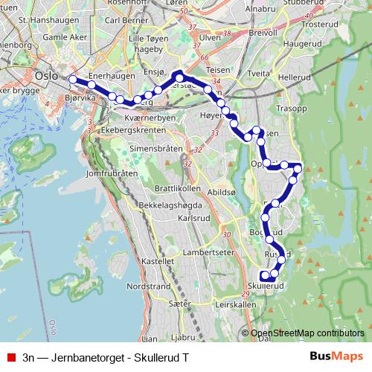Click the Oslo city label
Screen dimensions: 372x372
(x=46, y=74)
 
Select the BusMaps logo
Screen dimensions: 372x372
(x=336, y=356)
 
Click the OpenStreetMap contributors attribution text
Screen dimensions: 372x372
(x=307, y=333)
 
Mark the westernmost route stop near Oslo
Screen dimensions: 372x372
(x=73, y=79)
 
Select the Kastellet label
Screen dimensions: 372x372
(x=157, y=262)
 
